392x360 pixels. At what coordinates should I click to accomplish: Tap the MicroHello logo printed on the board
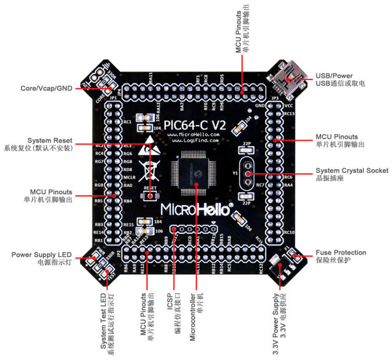pos(196,209)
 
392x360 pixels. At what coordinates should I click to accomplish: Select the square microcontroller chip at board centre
pos(195,169)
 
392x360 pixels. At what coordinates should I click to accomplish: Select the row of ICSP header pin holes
pos(194,229)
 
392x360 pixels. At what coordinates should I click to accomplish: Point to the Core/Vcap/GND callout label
pos(47,88)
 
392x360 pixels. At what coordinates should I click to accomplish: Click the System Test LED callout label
pos(105,324)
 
